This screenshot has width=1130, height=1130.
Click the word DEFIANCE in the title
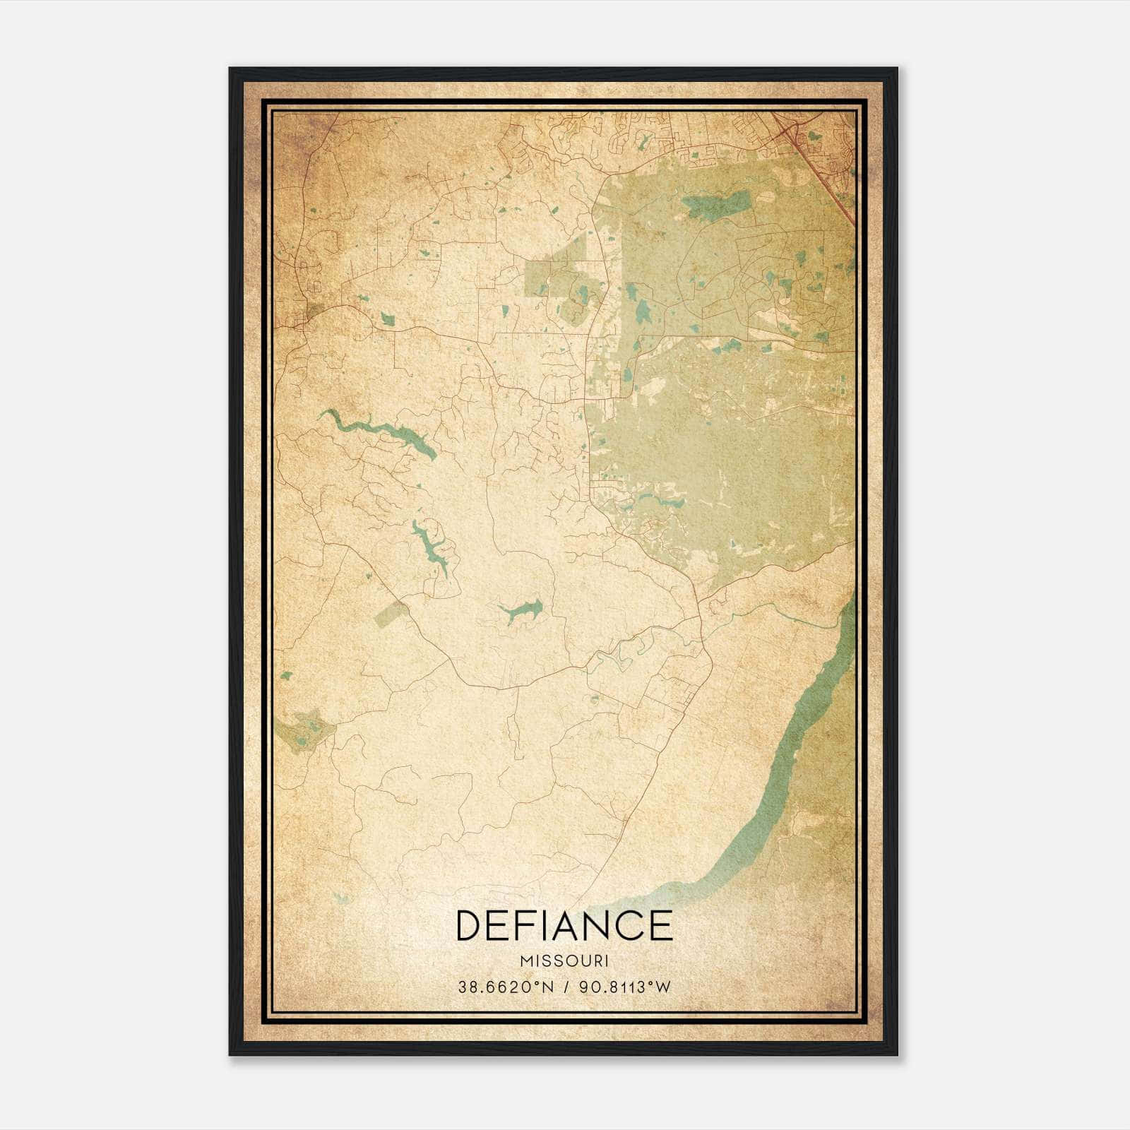click(x=564, y=925)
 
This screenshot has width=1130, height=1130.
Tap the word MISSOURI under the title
click(x=564, y=961)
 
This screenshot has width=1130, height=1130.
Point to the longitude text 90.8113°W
click(x=624, y=987)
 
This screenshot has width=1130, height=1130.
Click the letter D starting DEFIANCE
click(x=471, y=925)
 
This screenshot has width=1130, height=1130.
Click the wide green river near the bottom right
click(x=784, y=777)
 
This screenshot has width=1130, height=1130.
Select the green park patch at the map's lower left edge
click(x=304, y=732)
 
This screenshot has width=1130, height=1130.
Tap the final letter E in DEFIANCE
click(x=660, y=925)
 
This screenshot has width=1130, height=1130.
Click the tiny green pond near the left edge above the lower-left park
click(x=285, y=676)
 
